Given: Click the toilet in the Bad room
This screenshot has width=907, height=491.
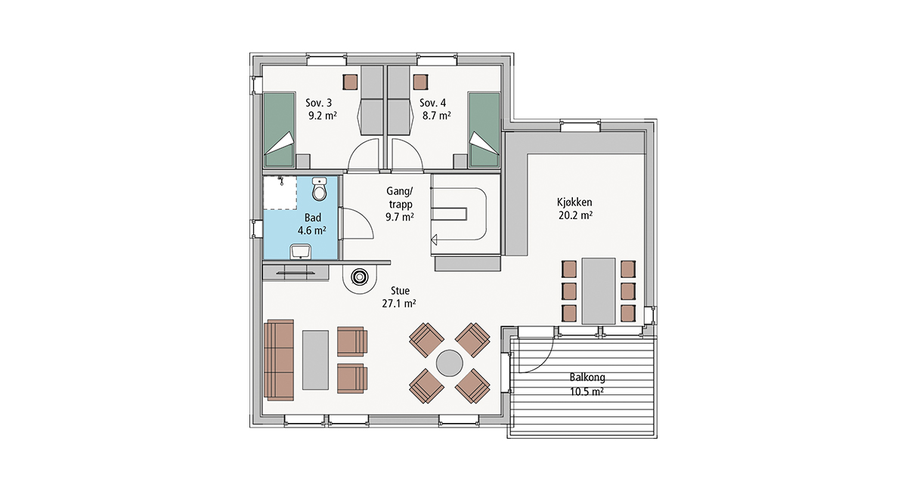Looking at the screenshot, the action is click(320, 190).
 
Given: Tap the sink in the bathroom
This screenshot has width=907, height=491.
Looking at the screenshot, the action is click(301, 252).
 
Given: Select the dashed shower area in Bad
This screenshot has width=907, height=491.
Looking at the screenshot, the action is click(280, 193).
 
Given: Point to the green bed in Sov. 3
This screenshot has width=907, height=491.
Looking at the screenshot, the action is click(279, 130).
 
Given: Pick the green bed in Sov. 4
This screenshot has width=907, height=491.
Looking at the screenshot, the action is click(484, 130).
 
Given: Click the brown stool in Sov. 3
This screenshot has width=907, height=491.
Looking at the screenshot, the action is click(350, 82).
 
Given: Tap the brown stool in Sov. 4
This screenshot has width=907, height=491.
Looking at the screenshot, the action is click(421, 82).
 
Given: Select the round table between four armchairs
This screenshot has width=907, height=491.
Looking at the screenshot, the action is click(450, 363).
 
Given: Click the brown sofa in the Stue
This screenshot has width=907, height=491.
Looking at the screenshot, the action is click(279, 360).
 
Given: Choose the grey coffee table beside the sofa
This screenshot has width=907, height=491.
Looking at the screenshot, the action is click(315, 360).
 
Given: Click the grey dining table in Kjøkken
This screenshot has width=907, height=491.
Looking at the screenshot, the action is click(599, 291).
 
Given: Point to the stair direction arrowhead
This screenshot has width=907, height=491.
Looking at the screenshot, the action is click(434, 240).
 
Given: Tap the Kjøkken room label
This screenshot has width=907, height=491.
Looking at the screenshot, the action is click(574, 202).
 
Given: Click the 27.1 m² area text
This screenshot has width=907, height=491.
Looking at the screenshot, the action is click(399, 304).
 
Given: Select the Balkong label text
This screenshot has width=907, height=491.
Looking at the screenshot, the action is click(587, 378).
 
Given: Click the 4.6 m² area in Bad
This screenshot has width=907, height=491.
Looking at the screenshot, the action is click(311, 230).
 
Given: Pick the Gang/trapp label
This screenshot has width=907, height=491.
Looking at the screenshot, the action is click(400, 198).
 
